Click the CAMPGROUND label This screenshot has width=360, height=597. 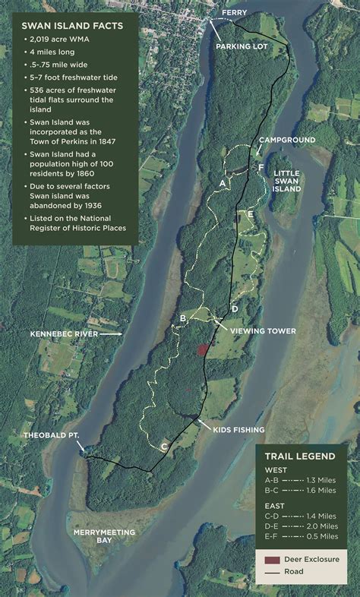tap(286, 141)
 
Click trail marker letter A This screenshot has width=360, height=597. tap(222, 183)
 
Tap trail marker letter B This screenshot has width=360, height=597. tap(183, 317)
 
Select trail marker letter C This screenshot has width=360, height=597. tap(164, 446)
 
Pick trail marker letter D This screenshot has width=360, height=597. tap(235, 308)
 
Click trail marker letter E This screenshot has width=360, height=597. tap(250, 216)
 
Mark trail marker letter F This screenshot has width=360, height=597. tap(261, 166)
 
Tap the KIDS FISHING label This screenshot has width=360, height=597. tap(238, 430)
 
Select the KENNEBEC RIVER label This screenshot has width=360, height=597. tap(64, 333)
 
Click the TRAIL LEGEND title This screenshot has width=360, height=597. tap(300, 456)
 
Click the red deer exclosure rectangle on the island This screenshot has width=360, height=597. tap(202, 349)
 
